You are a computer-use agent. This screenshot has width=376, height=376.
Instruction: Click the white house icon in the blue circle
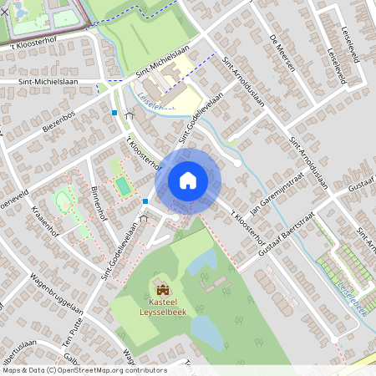point(187,181)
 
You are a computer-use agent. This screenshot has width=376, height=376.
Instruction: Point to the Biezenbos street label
point(58,123)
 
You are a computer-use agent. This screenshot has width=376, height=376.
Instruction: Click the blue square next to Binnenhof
point(145,201)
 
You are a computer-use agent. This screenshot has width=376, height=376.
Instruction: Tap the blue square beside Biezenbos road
point(114,111)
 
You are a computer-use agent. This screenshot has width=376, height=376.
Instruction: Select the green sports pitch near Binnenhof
point(123,185)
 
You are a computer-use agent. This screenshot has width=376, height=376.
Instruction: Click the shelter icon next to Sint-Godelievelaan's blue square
point(143,218)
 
